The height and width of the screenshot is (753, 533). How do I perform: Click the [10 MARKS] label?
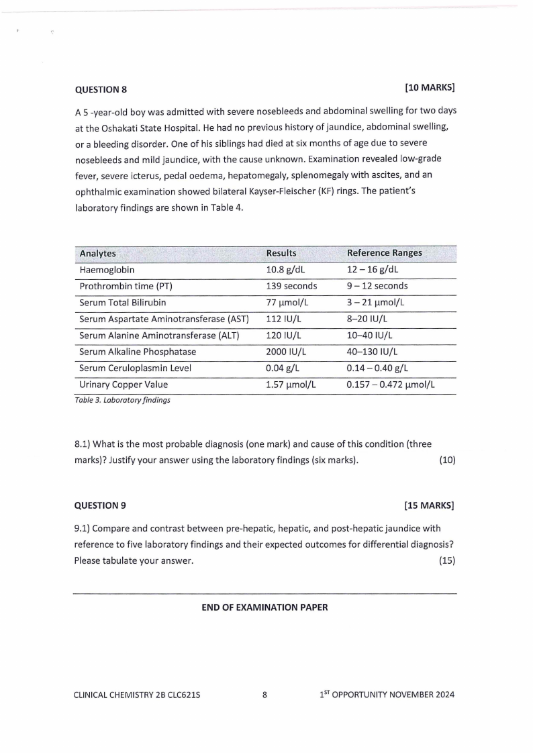tap(430, 88)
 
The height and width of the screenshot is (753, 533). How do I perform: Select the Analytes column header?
tap(97, 254)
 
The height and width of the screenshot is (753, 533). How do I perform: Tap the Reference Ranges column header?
tap(384, 253)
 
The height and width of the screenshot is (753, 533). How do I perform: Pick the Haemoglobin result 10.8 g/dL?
tap(287, 270)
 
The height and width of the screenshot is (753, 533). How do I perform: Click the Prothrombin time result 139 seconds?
tap(292, 286)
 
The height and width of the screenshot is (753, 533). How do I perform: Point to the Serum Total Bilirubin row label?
tap(122, 303)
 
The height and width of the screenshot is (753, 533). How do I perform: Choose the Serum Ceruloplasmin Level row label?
tap(135, 368)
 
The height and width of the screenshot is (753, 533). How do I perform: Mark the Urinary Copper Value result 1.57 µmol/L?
tap(291, 385)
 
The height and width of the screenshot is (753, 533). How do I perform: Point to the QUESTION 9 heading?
tap(100, 505)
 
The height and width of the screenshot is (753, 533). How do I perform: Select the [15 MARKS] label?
tap(430, 505)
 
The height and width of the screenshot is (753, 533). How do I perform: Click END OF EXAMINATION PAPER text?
tap(264, 607)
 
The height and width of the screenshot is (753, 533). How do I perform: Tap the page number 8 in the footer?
tap(264, 695)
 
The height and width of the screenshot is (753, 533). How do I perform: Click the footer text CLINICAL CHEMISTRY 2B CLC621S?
tap(136, 695)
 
